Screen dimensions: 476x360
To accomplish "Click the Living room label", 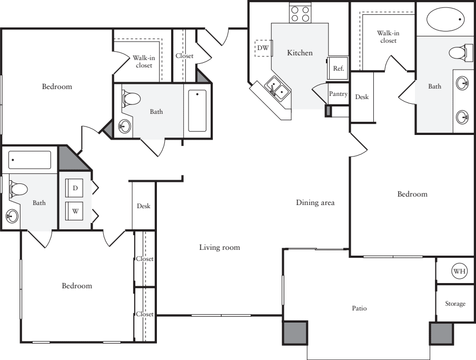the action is click(220, 247).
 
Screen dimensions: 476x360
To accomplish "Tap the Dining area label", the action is click(315, 202).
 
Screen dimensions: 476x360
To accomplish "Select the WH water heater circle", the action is click(459, 271).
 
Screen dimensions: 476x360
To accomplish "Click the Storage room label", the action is click(455, 304).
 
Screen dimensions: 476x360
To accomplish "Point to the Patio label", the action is click(359, 308).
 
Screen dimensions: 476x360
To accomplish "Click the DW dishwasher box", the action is click(263, 48).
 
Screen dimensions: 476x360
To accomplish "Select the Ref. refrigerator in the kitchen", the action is click(338, 68).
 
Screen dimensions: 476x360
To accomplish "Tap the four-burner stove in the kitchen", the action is click(300, 14).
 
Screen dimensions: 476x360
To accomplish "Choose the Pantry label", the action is click(338, 94).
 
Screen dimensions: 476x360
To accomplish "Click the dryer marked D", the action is click(75, 188).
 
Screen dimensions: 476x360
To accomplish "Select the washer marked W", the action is click(75, 211).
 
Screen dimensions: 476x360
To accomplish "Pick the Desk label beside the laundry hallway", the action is click(144, 206).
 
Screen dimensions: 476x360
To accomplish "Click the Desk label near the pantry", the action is click(362, 97).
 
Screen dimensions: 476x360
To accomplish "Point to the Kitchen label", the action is click(300, 53).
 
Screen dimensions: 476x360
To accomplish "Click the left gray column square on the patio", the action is click(295, 333).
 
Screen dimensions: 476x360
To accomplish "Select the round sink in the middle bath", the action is click(124, 126).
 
